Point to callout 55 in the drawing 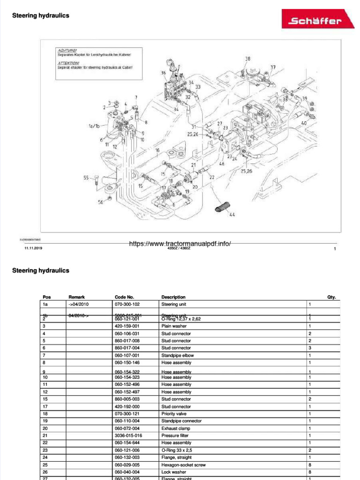[86, 178]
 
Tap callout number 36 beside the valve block [163, 73]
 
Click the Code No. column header [124, 297]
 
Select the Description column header [173, 297]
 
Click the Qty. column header [331, 297]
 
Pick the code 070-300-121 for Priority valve [127, 414]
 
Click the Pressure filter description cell [175, 435]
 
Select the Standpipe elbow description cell [176, 355]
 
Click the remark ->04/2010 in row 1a [78, 304]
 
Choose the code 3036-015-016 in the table [128, 435]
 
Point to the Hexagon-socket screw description [183, 465]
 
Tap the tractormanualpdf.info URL [180, 244]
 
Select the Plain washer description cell [173, 326]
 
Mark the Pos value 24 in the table [45, 457]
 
